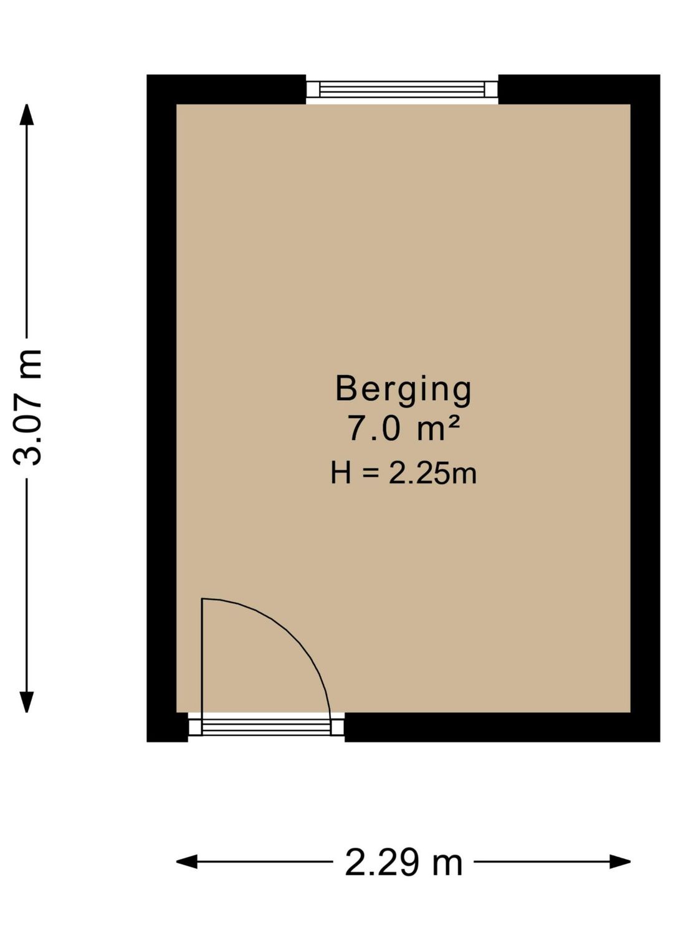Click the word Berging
click(403, 389)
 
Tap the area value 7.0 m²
click(403, 429)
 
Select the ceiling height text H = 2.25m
click(403, 474)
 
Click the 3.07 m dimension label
click(28, 407)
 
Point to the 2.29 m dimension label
click(403, 863)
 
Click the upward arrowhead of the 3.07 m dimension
click(26, 114)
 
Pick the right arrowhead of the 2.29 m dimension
click(620, 862)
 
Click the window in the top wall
click(402, 90)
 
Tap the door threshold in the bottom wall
click(266, 727)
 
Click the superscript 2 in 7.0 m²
click(454, 421)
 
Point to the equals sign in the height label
click(371, 474)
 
